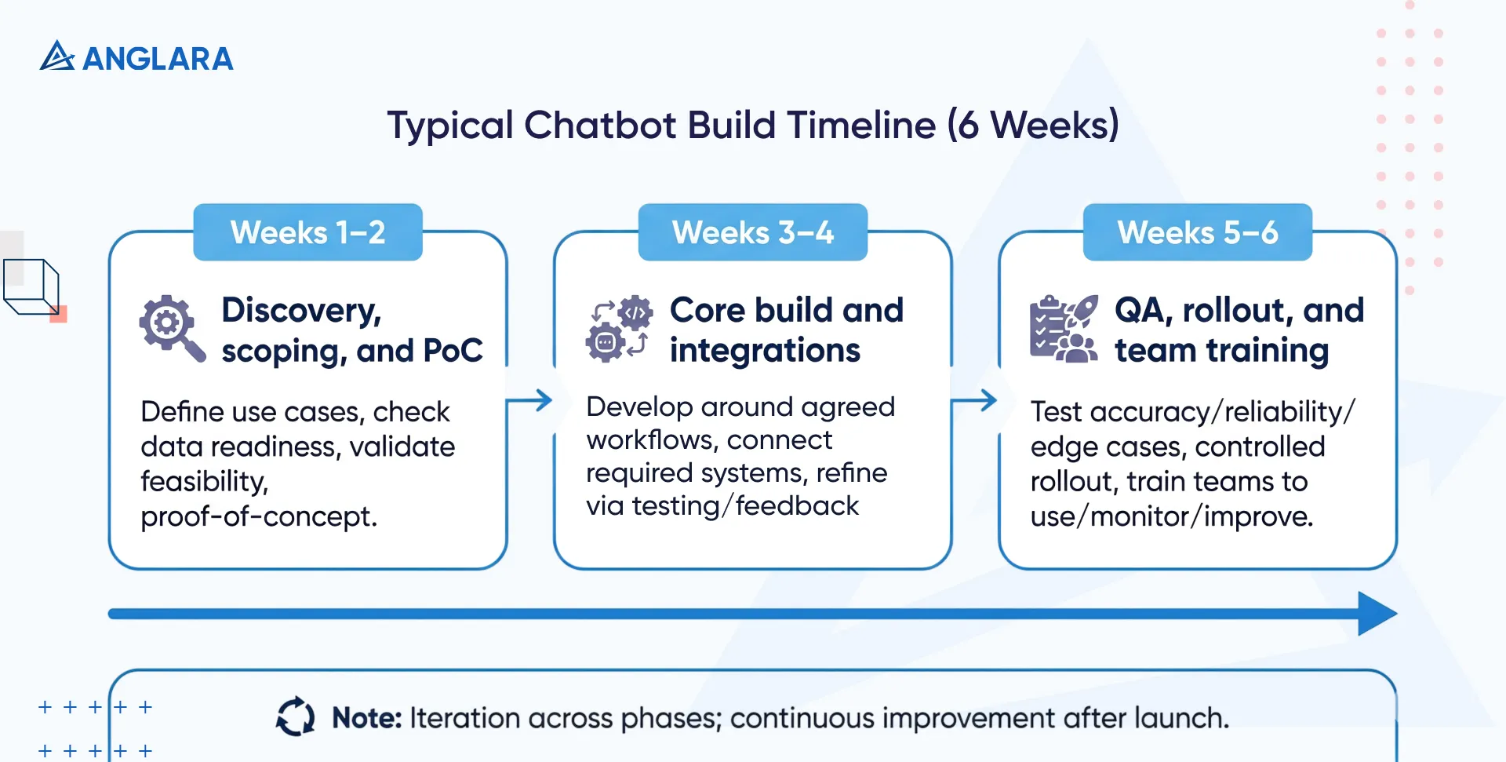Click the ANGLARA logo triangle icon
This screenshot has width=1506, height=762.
coord(56,57)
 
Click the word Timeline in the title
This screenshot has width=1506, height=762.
coord(861,125)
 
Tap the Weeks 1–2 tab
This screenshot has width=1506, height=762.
coord(307,232)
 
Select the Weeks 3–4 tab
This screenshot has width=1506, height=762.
coord(752,232)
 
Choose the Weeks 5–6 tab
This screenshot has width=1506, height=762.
coord(1197,232)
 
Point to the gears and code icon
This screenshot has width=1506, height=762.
coord(619,329)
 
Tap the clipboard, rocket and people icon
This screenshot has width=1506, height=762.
coord(1064,329)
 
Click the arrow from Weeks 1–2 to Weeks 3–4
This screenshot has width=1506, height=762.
coord(530,401)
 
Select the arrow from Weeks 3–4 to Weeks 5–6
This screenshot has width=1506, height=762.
coord(975,401)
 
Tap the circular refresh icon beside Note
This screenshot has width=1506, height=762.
coord(296,716)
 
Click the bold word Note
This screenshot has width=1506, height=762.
coord(366,718)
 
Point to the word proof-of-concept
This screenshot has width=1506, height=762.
coord(258,516)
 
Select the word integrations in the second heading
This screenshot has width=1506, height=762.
coord(765,351)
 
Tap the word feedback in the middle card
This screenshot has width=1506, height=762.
coord(797,506)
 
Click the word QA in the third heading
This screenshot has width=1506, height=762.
coord(1143,311)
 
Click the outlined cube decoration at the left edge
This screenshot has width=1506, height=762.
coord(32,287)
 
